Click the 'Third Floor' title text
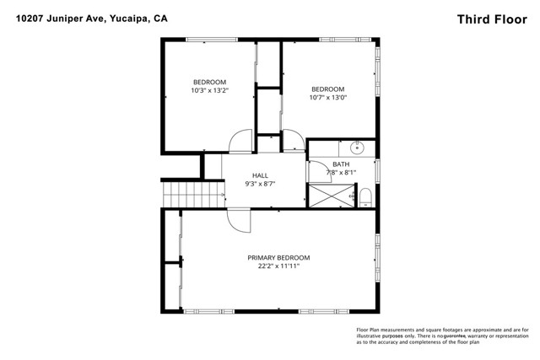[492, 18]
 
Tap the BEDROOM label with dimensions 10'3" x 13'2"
[209, 82]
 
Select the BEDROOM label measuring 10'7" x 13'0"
[328, 89]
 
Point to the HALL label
[260, 175]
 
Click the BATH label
[341, 164]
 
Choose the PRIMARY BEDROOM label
[278, 258]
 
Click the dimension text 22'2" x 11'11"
[278, 266]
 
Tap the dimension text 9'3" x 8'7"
[260, 184]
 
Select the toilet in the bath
[365, 197]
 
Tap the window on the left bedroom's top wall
[209, 39]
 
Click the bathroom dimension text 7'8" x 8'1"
[342, 173]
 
